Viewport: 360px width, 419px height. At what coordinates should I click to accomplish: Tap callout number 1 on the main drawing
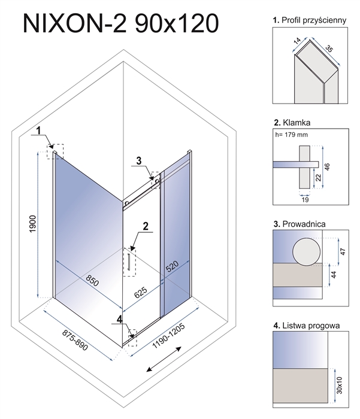click(x=38, y=130)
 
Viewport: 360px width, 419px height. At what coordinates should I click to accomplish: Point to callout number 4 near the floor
click(x=120, y=320)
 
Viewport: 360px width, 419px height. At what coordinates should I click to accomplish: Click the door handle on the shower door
click(x=128, y=262)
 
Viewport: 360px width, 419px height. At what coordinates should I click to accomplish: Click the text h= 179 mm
click(x=292, y=135)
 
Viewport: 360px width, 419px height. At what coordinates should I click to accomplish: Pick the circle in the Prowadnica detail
click(x=306, y=251)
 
